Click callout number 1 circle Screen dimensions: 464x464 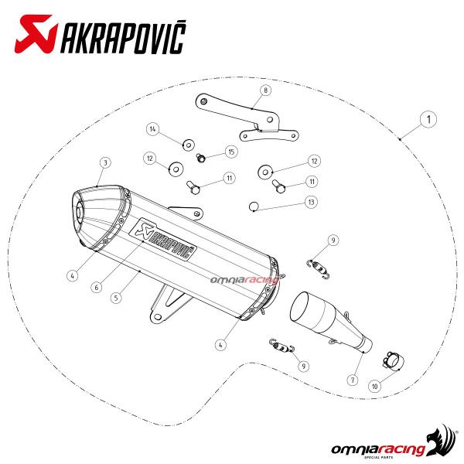pos(428,119)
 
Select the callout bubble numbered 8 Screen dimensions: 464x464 pos(265,90)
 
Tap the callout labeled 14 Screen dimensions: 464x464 pos(152,129)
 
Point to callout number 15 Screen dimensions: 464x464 pos(231,152)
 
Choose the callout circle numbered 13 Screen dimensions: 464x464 pos(311,202)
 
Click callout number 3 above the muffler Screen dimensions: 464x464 pos(105,162)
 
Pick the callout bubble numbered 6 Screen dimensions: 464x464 pos(97,287)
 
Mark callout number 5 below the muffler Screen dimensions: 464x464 pos(116,298)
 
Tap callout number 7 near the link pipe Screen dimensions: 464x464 pos(353,380)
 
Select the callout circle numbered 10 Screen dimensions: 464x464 pos(374,386)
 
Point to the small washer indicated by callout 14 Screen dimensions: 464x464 pos(189,145)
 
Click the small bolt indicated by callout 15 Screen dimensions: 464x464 pos(201,158)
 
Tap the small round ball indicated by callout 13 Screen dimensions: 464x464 pos(253,206)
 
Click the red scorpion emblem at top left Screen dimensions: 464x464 pos(36,34)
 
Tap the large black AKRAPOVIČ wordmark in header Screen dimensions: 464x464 pos(124,37)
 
